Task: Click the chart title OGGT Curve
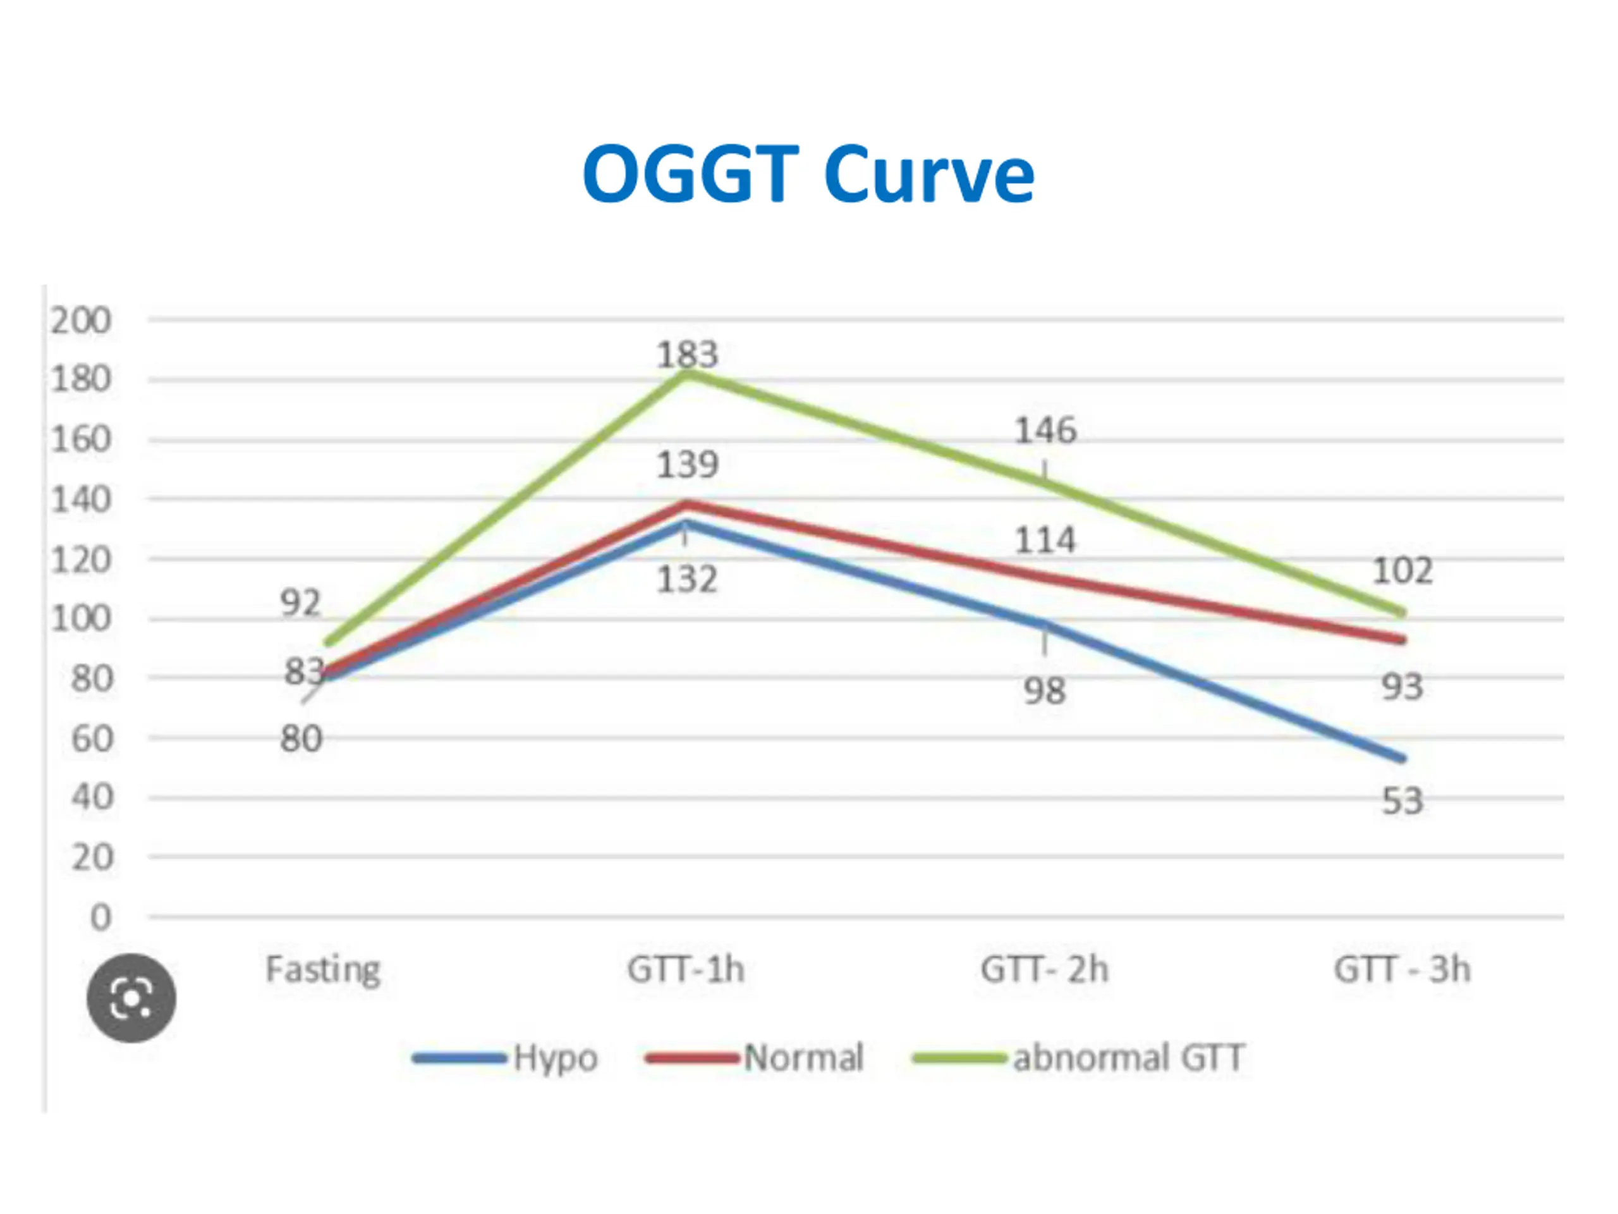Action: (x=808, y=174)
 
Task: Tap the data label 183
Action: (x=687, y=355)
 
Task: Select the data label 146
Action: (x=1045, y=431)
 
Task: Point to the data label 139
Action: (x=687, y=465)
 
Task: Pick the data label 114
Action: (x=1045, y=541)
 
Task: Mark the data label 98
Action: (x=1045, y=690)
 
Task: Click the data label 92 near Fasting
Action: (x=301, y=604)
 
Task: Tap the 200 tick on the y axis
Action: (x=80, y=321)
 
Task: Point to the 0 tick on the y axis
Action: (x=100, y=917)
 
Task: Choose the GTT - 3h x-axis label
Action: (x=1401, y=969)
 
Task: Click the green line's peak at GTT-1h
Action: (x=687, y=374)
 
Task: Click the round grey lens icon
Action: (x=131, y=998)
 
